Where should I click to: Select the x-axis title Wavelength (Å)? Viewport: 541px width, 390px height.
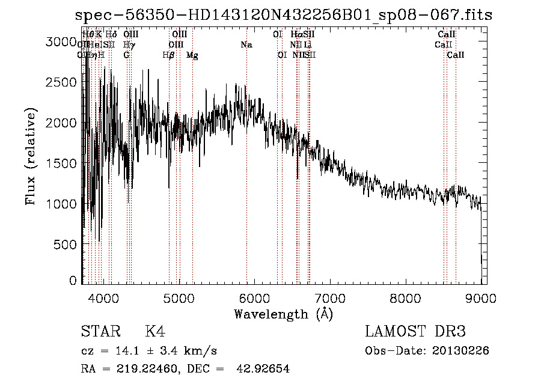(x=283, y=314)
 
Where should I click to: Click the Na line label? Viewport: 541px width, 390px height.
(x=246, y=44)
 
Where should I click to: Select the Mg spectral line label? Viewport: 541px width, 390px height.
(x=192, y=55)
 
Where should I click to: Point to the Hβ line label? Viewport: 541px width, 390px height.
(x=169, y=55)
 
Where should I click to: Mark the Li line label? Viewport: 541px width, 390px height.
(x=308, y=44)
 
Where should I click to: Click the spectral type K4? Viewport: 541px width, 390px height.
(x=155, y=332)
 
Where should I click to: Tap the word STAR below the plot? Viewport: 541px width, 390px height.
(x=99, y=332)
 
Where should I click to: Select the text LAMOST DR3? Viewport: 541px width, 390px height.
(x=415, y=332)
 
